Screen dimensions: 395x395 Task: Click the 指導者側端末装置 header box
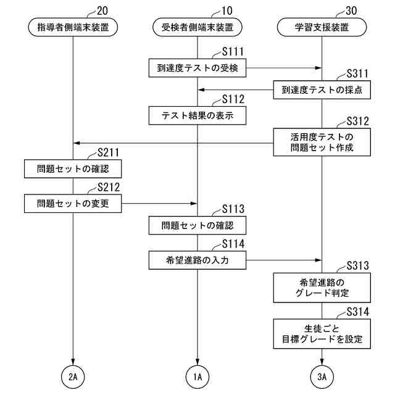[73, 27]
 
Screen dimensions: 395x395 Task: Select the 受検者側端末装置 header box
[197, 27]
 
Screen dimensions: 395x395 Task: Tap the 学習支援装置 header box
[322, 27]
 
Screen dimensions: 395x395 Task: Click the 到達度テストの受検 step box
[197, 68]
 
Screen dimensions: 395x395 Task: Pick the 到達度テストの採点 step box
[322, 90]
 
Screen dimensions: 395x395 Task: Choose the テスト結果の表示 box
[197, 115]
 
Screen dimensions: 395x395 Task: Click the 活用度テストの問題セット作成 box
[322, 142]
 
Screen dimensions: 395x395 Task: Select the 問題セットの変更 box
[73, 203]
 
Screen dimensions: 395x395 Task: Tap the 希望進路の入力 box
[197, 260]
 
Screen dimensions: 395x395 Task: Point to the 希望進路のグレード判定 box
[322, 286]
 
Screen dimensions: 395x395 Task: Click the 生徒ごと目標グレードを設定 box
[322, 333]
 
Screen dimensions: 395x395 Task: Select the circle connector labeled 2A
[73, 376]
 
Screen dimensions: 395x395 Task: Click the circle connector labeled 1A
[197, 376]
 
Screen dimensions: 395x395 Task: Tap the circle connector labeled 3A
[322, 376]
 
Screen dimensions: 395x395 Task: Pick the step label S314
[357, 312]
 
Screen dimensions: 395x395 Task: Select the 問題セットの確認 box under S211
[73, 168]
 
